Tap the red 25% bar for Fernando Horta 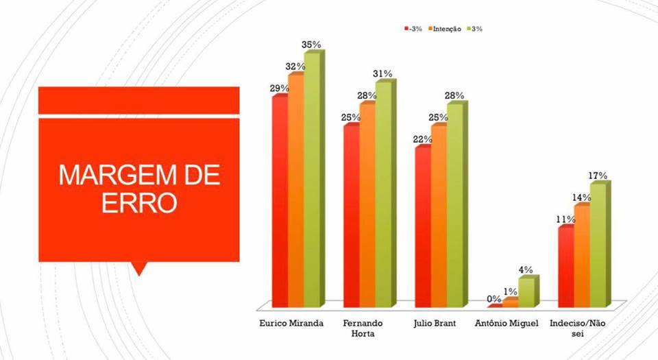click(x=352, y=216)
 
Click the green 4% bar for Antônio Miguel click(x=527, y=292)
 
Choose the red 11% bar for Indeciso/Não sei click(x=566, y=267)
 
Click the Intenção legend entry click(x=447, y=29)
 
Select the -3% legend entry click(x=413, y=29)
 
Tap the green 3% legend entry click(x=475, y=29)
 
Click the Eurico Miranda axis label click(x=291, y=323)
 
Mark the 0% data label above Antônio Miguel click(x=493, y=299)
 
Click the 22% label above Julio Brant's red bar click(x=422, y=140)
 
